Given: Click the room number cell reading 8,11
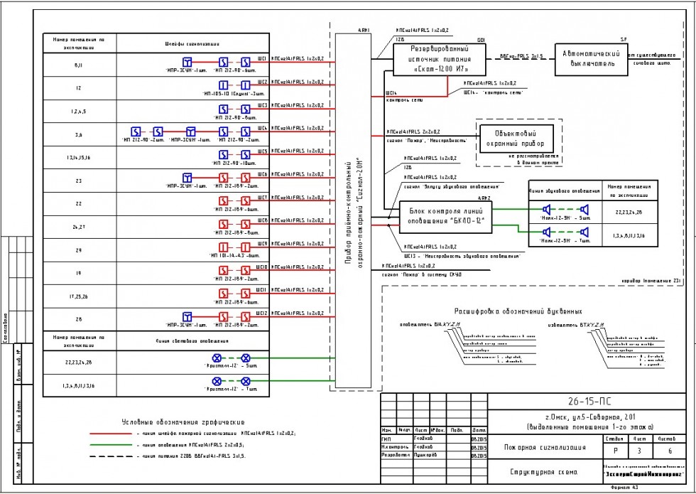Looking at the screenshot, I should (x=78, y=65).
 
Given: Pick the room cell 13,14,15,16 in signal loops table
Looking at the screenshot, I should (x=78, y=157).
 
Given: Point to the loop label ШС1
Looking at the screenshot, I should (x=262, y=58).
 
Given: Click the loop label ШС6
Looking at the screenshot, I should (x=262, y=174).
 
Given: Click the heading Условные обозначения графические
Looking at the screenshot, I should (x=183, y=421).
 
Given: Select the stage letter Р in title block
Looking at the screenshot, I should (x=614, y=451).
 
